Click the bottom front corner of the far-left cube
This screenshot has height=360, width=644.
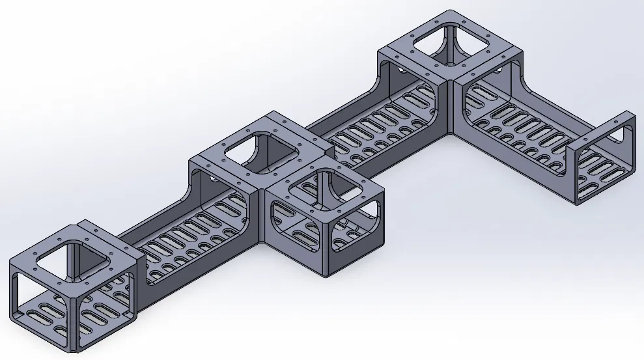click(76, 351)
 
